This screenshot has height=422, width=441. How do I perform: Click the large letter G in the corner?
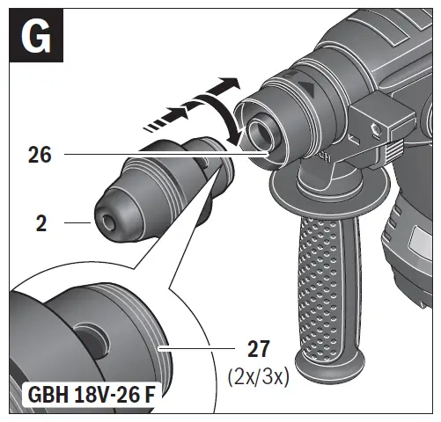34,37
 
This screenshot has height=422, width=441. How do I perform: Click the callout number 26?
39,156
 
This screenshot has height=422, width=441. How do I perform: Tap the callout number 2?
40,224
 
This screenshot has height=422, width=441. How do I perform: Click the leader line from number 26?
167,156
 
